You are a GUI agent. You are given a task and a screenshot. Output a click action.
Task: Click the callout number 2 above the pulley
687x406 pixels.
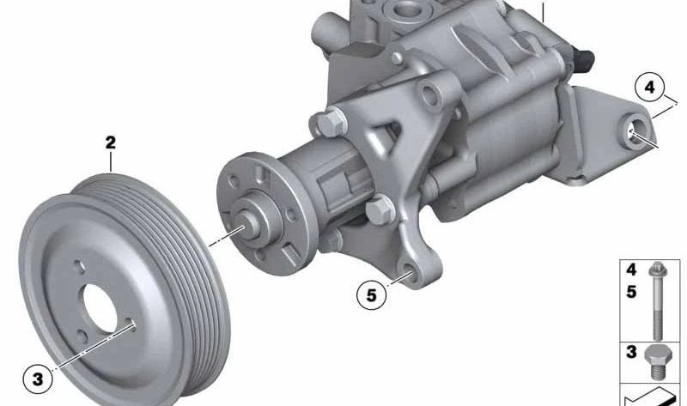tap(110, 142)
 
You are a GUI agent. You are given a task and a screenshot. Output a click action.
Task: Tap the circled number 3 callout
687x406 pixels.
tap(36, 377)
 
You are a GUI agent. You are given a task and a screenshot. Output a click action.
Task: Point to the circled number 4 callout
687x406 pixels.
tap(650, 87)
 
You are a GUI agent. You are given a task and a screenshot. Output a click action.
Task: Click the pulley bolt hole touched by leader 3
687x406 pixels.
tap(131, 324)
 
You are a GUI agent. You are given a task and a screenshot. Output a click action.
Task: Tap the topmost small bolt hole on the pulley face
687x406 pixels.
tap(76, 265)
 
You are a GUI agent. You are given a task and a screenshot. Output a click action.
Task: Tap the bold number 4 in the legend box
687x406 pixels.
tap(631, 270)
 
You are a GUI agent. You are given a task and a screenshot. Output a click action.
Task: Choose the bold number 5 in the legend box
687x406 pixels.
tap(631, 292)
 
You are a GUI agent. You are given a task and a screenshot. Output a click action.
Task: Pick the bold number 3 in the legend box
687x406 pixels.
tap(631, 352)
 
